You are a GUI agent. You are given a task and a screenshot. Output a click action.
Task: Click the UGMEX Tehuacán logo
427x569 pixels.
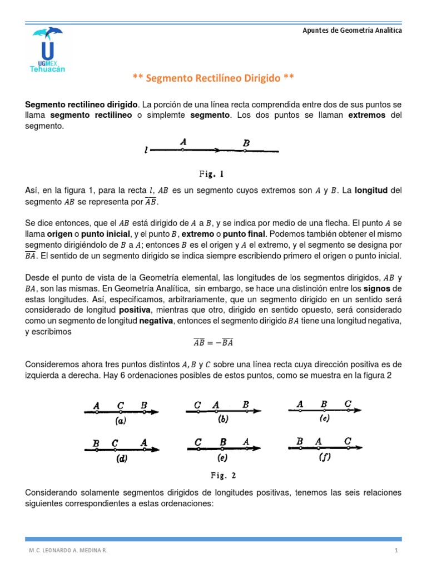point(49,50)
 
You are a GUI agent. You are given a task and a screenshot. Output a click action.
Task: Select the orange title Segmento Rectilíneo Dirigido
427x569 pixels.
point(213,78)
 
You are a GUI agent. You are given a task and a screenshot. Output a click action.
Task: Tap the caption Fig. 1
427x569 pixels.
point(213,173)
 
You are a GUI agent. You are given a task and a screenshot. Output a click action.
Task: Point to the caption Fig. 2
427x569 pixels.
point(223,475)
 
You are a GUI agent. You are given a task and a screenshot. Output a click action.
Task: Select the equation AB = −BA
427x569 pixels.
point(213,342)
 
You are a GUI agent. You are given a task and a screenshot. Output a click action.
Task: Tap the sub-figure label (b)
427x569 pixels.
point(224,420)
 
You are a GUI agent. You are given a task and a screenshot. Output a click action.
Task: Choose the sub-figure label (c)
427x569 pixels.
point(325,419)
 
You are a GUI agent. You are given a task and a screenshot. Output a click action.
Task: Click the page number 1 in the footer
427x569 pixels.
point(397,550)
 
